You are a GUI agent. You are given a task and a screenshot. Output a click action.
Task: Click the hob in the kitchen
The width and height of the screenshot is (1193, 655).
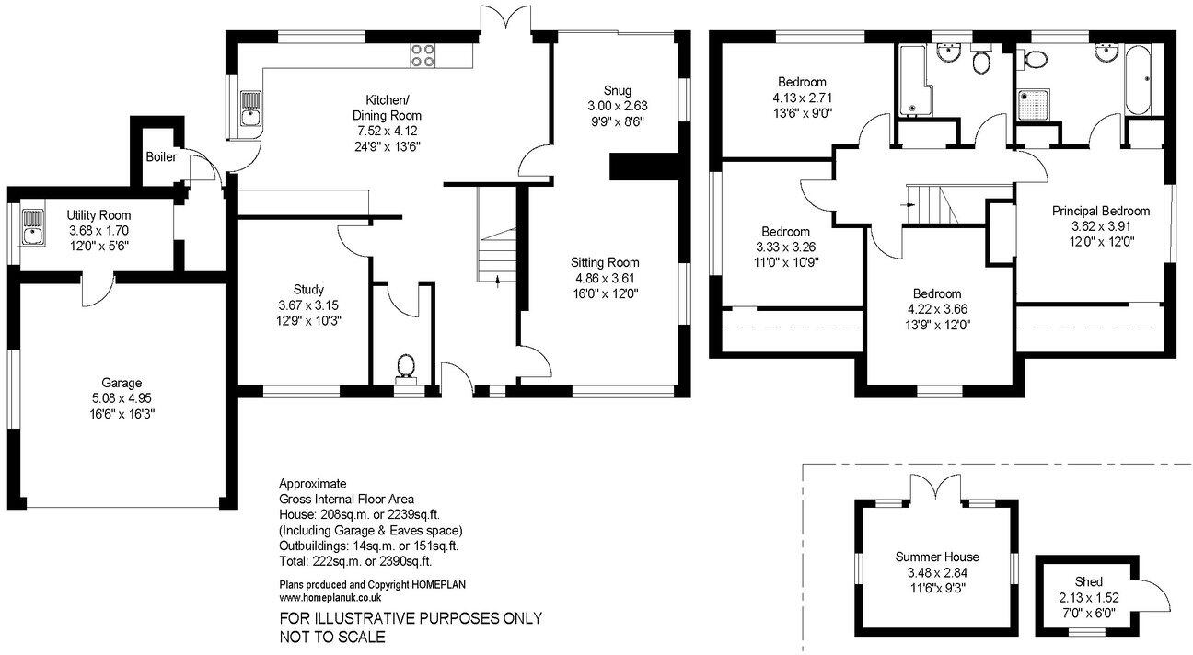423,55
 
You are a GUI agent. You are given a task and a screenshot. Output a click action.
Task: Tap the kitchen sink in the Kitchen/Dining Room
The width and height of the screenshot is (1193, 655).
249,108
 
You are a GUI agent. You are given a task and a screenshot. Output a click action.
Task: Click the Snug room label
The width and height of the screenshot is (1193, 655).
617,90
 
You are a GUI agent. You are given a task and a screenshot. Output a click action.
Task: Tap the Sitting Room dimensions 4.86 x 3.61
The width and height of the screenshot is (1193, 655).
604,278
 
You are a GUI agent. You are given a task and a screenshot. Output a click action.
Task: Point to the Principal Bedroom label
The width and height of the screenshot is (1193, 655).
1100,212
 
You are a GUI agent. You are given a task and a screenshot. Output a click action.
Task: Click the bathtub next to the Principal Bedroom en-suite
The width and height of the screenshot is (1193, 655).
1138,81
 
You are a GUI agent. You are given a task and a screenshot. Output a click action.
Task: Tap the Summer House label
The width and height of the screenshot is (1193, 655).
937,557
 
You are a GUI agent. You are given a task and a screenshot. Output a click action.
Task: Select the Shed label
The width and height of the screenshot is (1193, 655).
1089,581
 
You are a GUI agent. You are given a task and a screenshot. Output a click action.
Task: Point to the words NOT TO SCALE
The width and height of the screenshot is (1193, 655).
332,637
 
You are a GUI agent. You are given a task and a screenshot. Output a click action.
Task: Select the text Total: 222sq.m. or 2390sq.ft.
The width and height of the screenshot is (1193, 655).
355,560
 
